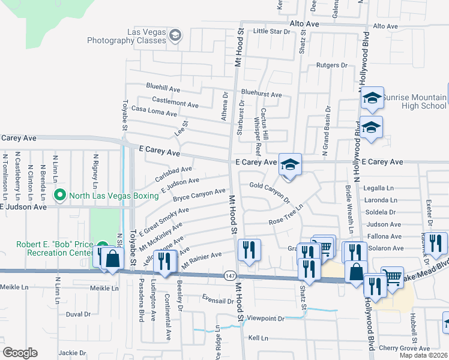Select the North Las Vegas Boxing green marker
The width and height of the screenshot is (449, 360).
tap(59, 195)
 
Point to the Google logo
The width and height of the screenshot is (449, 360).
tap(20, 353)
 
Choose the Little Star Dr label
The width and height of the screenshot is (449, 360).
tap(271, 31)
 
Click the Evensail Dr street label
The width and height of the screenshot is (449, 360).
tap(217, 301)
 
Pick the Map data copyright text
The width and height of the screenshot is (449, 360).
tap(423, 355)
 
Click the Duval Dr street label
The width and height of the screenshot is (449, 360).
tap(78, 313)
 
